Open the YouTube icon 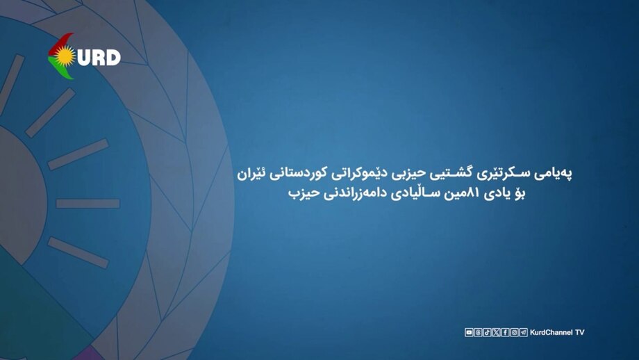click(x=469, y=332)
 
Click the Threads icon click(x=478, y=332)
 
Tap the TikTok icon click(x=487, y=332)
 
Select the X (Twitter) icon click(x=496, y=332)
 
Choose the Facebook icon click(x=505, y=332)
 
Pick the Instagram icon click(x=514, y=332)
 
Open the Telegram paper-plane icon click(x=523, y=332)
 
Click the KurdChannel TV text click(x=557, y=332)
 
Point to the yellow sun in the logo click(x=65, y=56)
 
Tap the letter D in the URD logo click(x=111, y=58)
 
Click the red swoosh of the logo click(x=60, y=43)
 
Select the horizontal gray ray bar click(x=88, y=204)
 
